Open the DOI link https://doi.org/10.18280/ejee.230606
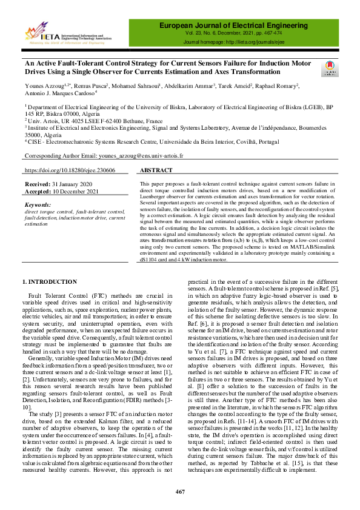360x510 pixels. click(70, 171)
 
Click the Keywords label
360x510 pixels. click(38, 205)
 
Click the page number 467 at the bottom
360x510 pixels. click(180, 491)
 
